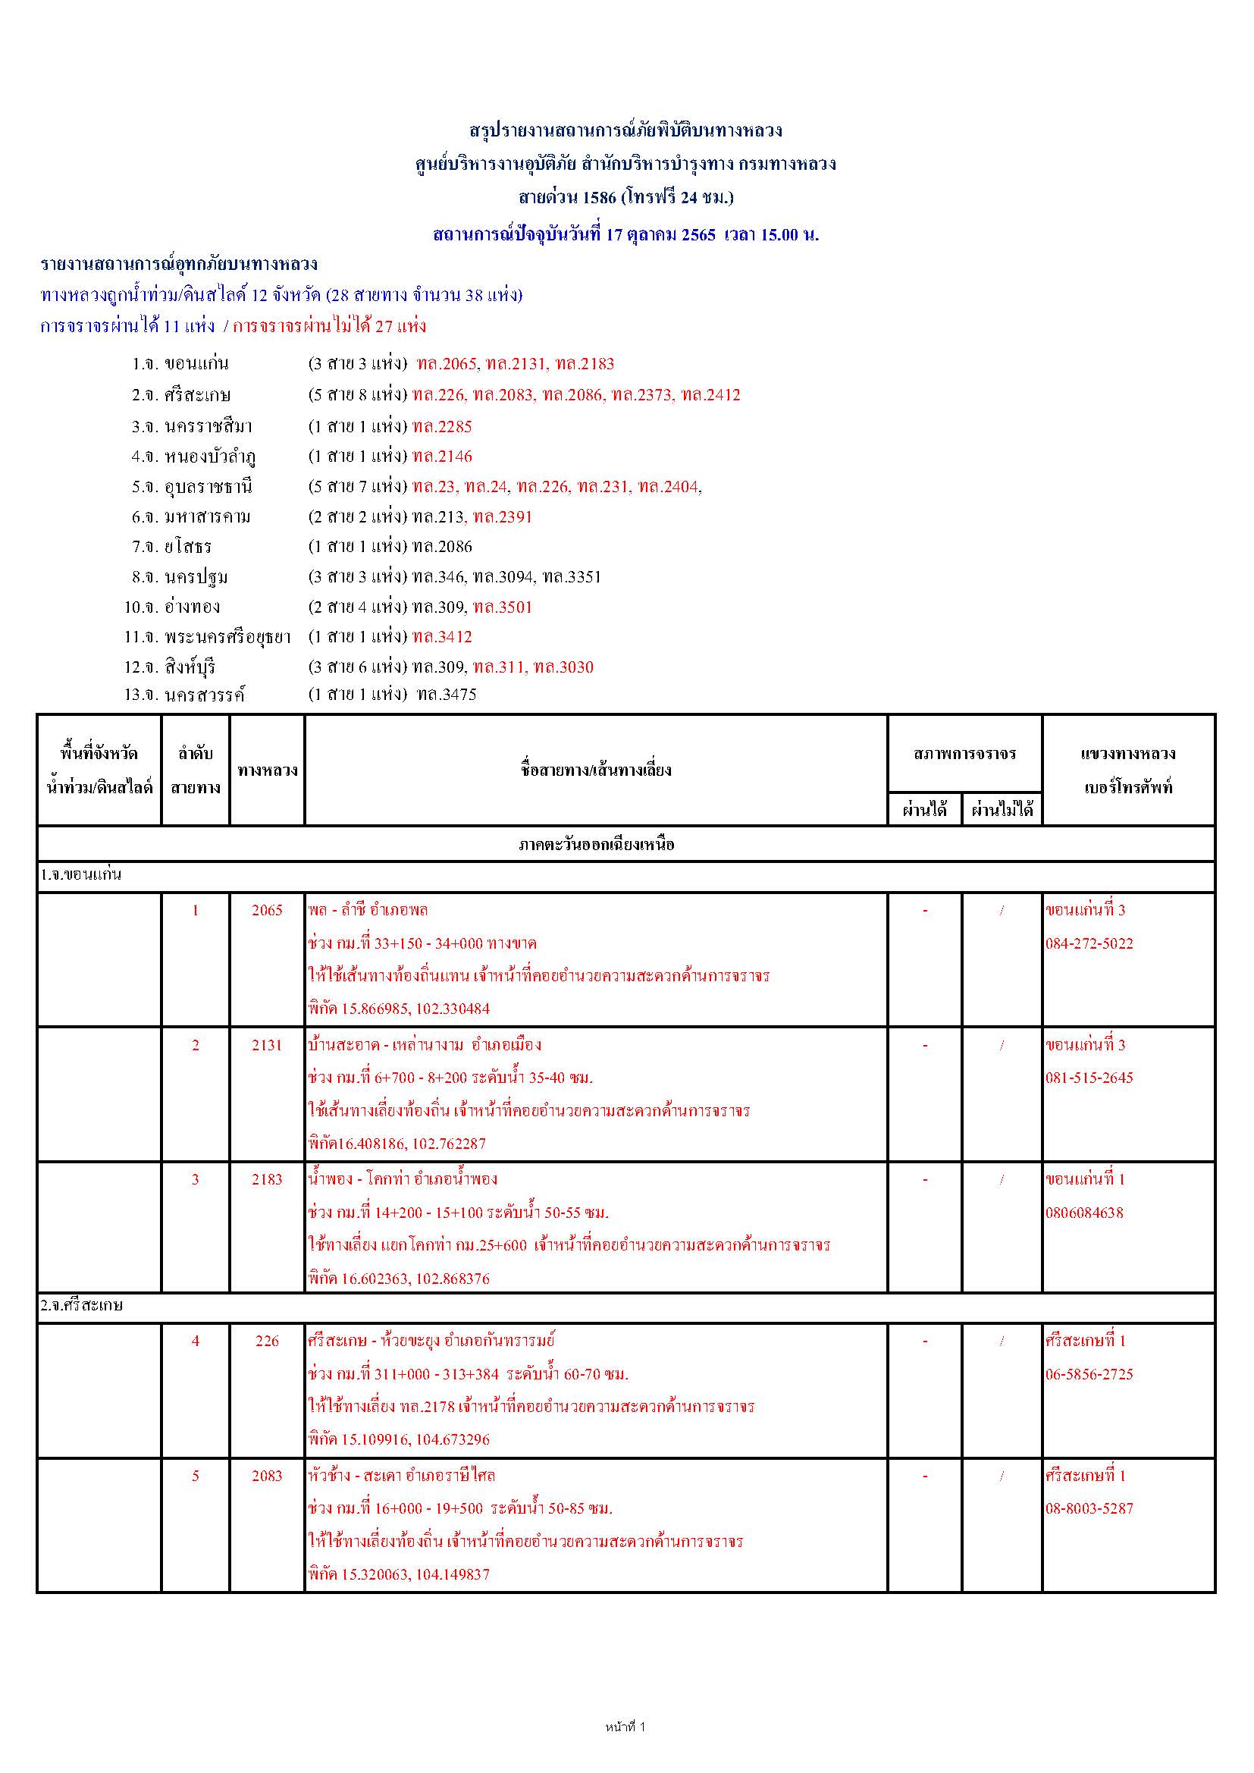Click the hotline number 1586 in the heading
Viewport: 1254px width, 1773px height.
(599, 198)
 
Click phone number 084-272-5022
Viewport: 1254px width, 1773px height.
(1089, 943)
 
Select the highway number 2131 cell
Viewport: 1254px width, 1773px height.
(267, 1045)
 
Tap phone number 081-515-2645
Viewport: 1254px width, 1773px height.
(1089, 1078)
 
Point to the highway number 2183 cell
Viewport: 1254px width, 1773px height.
(267, 1179)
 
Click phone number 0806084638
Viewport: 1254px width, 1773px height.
(1084, 1213)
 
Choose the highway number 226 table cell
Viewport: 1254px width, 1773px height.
(267, 1341)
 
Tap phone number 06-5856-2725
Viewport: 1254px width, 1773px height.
(1089, 1374)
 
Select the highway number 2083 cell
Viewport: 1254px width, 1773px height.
(267, 1475)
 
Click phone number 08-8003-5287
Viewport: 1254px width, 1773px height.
(1089, 1508)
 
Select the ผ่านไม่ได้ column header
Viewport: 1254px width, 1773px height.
(1002, 810)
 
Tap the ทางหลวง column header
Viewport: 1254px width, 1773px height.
(267, 770)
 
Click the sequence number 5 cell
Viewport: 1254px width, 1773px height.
(196, 1475)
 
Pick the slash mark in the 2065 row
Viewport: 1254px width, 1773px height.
(1002, 911)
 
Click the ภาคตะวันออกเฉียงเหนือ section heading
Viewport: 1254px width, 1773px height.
(596, 845)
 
